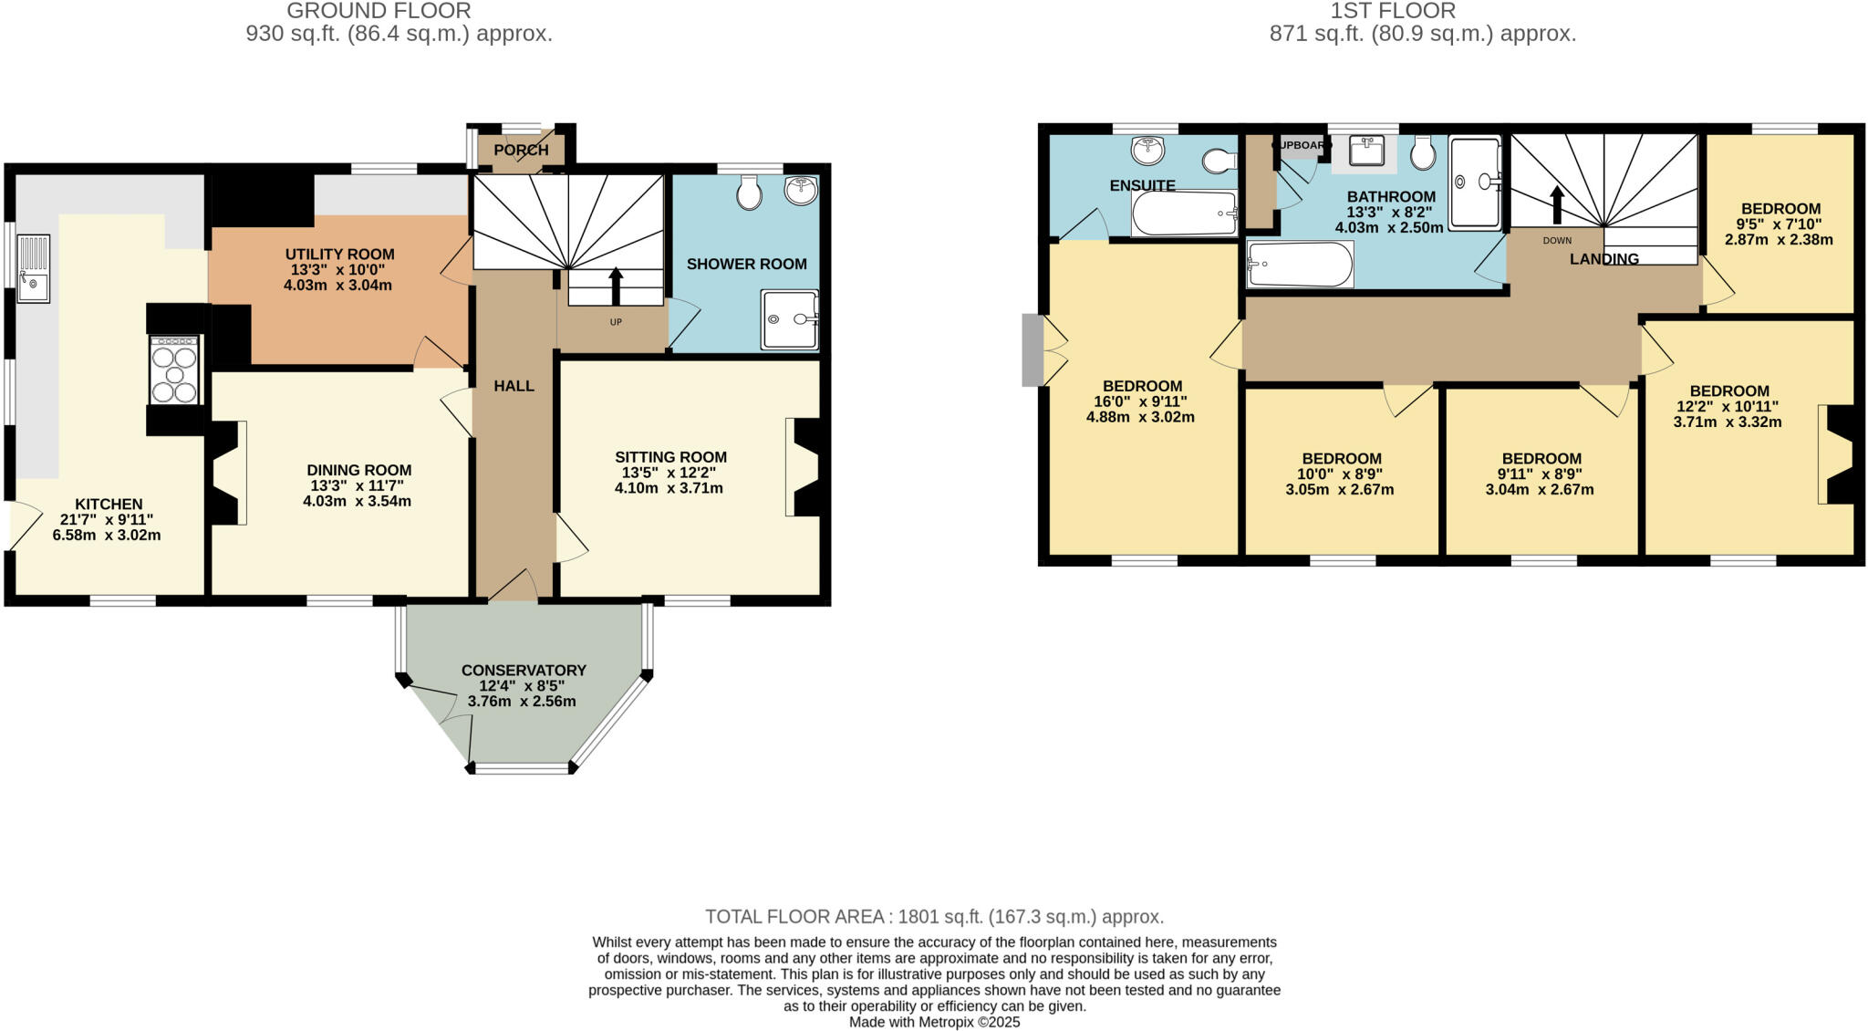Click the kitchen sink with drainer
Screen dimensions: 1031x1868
pos(33,268)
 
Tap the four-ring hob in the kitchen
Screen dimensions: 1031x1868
pos(174,370)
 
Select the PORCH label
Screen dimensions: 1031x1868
pos(521,150)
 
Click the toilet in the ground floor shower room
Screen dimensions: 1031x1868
pos(749,193)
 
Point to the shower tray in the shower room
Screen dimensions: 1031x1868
pos(790,319)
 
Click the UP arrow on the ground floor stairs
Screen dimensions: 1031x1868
pos(616,286)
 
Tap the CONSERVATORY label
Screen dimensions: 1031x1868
pos(524,671)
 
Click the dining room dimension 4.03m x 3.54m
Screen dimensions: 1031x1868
pos(357,501)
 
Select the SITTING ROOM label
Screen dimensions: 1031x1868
pos(670,457)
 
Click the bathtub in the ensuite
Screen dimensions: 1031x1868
pos(1184,213)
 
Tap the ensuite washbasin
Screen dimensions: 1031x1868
pos(1147,151)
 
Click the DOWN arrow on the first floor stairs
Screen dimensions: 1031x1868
pos(1557,205)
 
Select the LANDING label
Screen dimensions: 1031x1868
pos(1603,259)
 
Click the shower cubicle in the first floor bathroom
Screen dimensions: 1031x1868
pos(1474,182)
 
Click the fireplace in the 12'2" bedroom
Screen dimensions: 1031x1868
pos(1836,453)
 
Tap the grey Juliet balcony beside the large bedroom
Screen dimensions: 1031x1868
pos(1032,349)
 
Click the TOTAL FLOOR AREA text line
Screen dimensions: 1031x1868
pos(934,917)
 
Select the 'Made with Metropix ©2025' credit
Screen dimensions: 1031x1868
pos(934,1022)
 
